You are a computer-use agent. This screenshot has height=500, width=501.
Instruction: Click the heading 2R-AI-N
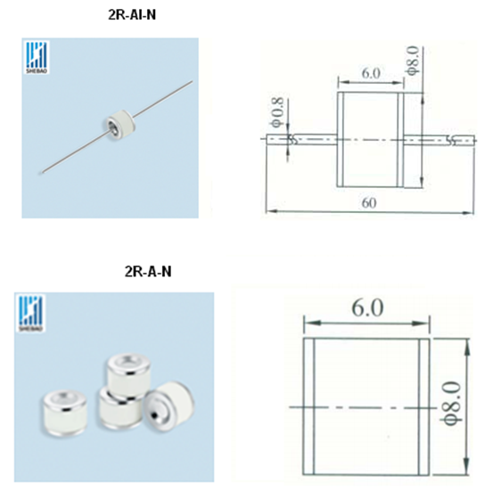click(x=132, y=15)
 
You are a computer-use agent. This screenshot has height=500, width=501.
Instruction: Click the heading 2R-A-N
click(x=148, y=272)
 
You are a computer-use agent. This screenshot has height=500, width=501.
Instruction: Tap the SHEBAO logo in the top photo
click(x=37, y=58)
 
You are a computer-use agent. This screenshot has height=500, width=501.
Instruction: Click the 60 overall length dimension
click(x=369, y=203)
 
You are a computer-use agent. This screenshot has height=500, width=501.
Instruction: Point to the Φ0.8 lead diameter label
click(x=277, y=112)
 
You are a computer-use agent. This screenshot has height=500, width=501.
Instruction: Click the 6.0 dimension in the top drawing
click(x=371, y=73)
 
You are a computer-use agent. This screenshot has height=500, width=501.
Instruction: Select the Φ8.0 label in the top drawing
click(x=413, y=61)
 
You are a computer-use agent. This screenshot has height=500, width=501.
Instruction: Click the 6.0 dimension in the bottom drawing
click(x=367, y=307)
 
